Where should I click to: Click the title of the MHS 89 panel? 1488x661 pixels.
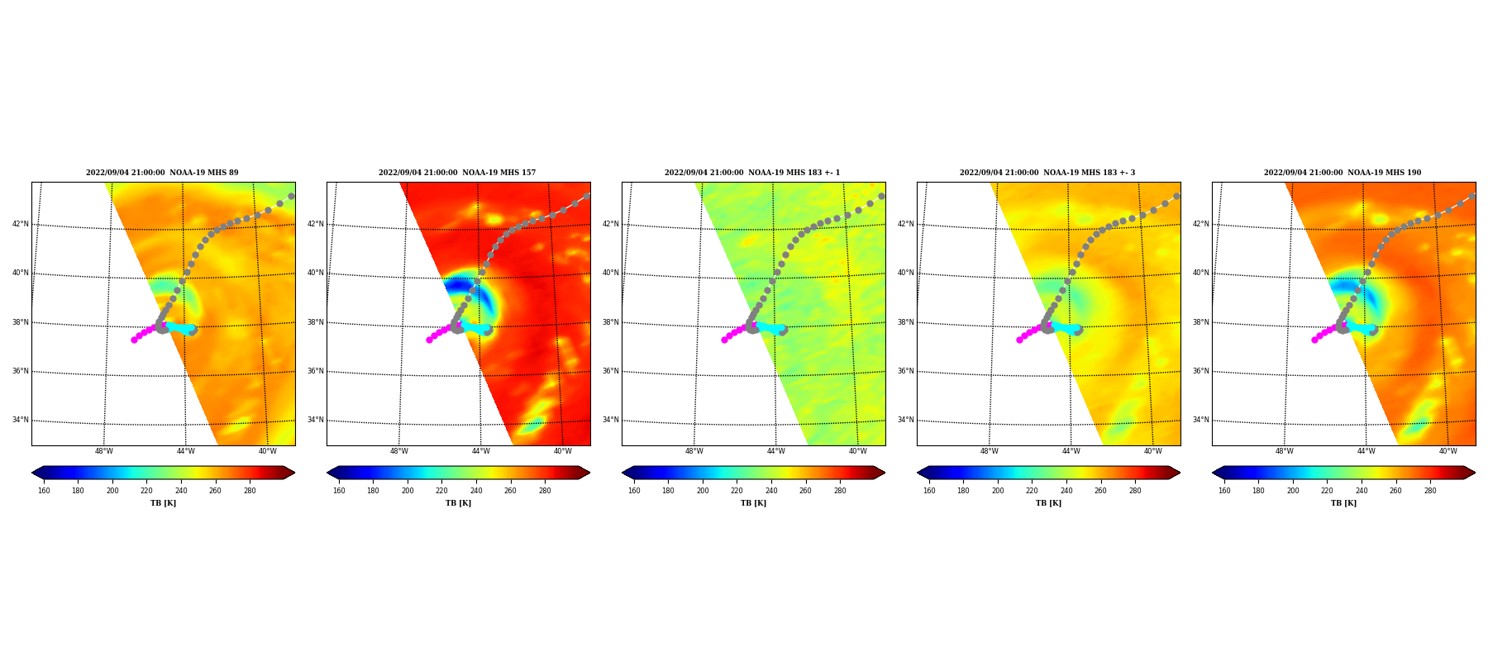(x=162, y=173)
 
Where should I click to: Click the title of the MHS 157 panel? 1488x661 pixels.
(x=457, y=173)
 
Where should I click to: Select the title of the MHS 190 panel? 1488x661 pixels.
(x=1343, y=173)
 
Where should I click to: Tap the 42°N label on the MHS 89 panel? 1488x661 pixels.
(x=21, y=224)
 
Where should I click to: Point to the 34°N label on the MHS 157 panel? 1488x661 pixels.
(x=316, y=420)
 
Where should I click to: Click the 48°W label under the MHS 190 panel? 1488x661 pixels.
(x=1284, y=451)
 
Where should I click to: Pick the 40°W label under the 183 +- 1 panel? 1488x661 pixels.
(x=858, y=451)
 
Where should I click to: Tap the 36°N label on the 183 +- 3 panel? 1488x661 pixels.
(x=906, y=371)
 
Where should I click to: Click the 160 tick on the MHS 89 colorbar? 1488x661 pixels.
(x=44, y=491)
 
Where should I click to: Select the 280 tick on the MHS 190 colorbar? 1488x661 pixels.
(x=1430, y=491)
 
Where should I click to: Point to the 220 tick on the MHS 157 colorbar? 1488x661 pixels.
(x=441, y=491)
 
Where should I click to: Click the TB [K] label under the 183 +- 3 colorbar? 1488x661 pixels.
(x=1048, y=503)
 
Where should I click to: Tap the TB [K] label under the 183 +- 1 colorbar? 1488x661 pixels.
(x=753, y=503)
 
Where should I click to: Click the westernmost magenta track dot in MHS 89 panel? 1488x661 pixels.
(x=134, y=340)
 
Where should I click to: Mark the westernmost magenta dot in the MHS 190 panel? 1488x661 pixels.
(x=1314, y=340)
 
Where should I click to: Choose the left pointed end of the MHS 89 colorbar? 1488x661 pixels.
(x=32, y=473)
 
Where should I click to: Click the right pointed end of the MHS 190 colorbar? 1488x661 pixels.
(x=1475, y=473)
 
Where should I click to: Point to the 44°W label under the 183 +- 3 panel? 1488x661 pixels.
(x=1071, y=451)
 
